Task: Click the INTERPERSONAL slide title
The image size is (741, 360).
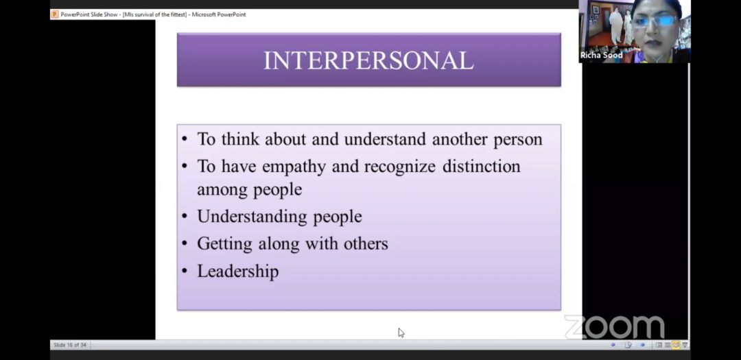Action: pyautogui.click(x=368, y=61)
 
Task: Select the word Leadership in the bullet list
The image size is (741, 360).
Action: pyautogui.click(x=237, y=272)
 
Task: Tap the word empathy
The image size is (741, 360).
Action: pyautogui.click(x=294, y=167)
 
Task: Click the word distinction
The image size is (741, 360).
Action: pyautogui.click(x=482, y=167)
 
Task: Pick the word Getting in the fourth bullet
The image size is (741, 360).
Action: pyautogui.click(x=225, y=244)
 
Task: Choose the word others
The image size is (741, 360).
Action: pyautogui.click(x=365, y=243)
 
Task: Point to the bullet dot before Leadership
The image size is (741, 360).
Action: pyautogui.click(x=185, y=272)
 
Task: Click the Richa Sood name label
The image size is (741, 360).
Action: pyautogui.click(x=601, y=56)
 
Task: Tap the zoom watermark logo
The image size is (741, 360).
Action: pyautogui.click(x=614, y=327)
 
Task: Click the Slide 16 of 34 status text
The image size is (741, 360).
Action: pyautogui.click(x=70, y=345)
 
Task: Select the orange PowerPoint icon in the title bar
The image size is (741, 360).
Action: pyautogui.click(x=55, y=14)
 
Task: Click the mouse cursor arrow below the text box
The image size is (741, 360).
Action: pyautogui.click(x=401, y=333)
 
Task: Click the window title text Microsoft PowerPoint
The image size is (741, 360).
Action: pyautogui.click(x=219, y=14)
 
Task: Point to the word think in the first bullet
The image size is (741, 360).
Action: pyautogui.click(x=240, y=139)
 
